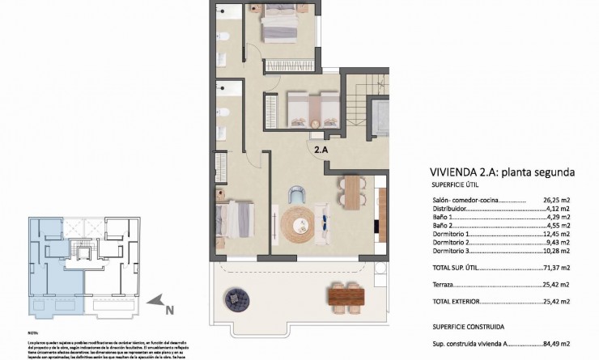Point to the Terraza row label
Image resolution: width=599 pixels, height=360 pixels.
click(x=444, y=285)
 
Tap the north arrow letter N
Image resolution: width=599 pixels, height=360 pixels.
click(x=169, y=308)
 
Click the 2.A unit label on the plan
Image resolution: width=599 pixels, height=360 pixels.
click(x=322, y=149)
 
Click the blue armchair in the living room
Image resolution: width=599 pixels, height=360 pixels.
click(x=298, y=195)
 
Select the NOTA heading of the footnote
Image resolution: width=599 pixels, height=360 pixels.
click(x=33, y=332)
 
